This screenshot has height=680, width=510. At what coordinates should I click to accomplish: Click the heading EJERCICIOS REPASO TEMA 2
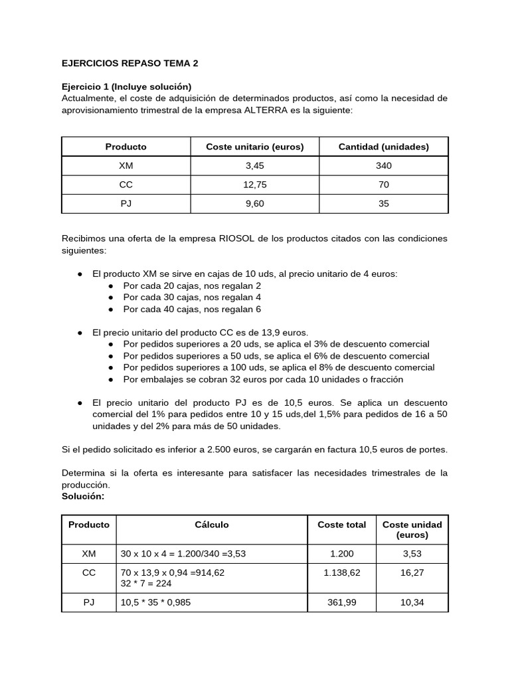(x=129, y=64)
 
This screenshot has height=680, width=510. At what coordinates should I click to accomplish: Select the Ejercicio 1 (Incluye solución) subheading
(x=126, y=87)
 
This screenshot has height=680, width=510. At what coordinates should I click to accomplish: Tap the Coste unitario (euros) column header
(x=255, y=147)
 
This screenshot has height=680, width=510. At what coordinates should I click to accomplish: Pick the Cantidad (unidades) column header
(x=383, y=147)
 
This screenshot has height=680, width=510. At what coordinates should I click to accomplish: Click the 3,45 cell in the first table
(x=255, y=166)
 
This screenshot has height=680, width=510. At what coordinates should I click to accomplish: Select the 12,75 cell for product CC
(x=255, y=185)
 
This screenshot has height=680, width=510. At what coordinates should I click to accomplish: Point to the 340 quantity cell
(x=383, y=166)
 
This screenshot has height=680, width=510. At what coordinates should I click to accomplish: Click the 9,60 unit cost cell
(x=255, y=204)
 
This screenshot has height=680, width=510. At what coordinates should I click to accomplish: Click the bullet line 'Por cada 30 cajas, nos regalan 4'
(x=192, y=297)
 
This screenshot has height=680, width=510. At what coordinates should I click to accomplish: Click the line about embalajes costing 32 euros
(x=263, y=379)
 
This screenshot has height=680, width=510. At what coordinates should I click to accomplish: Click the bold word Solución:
(x=83, y=496)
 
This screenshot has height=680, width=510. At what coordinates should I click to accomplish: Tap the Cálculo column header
(x=211, y=525)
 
